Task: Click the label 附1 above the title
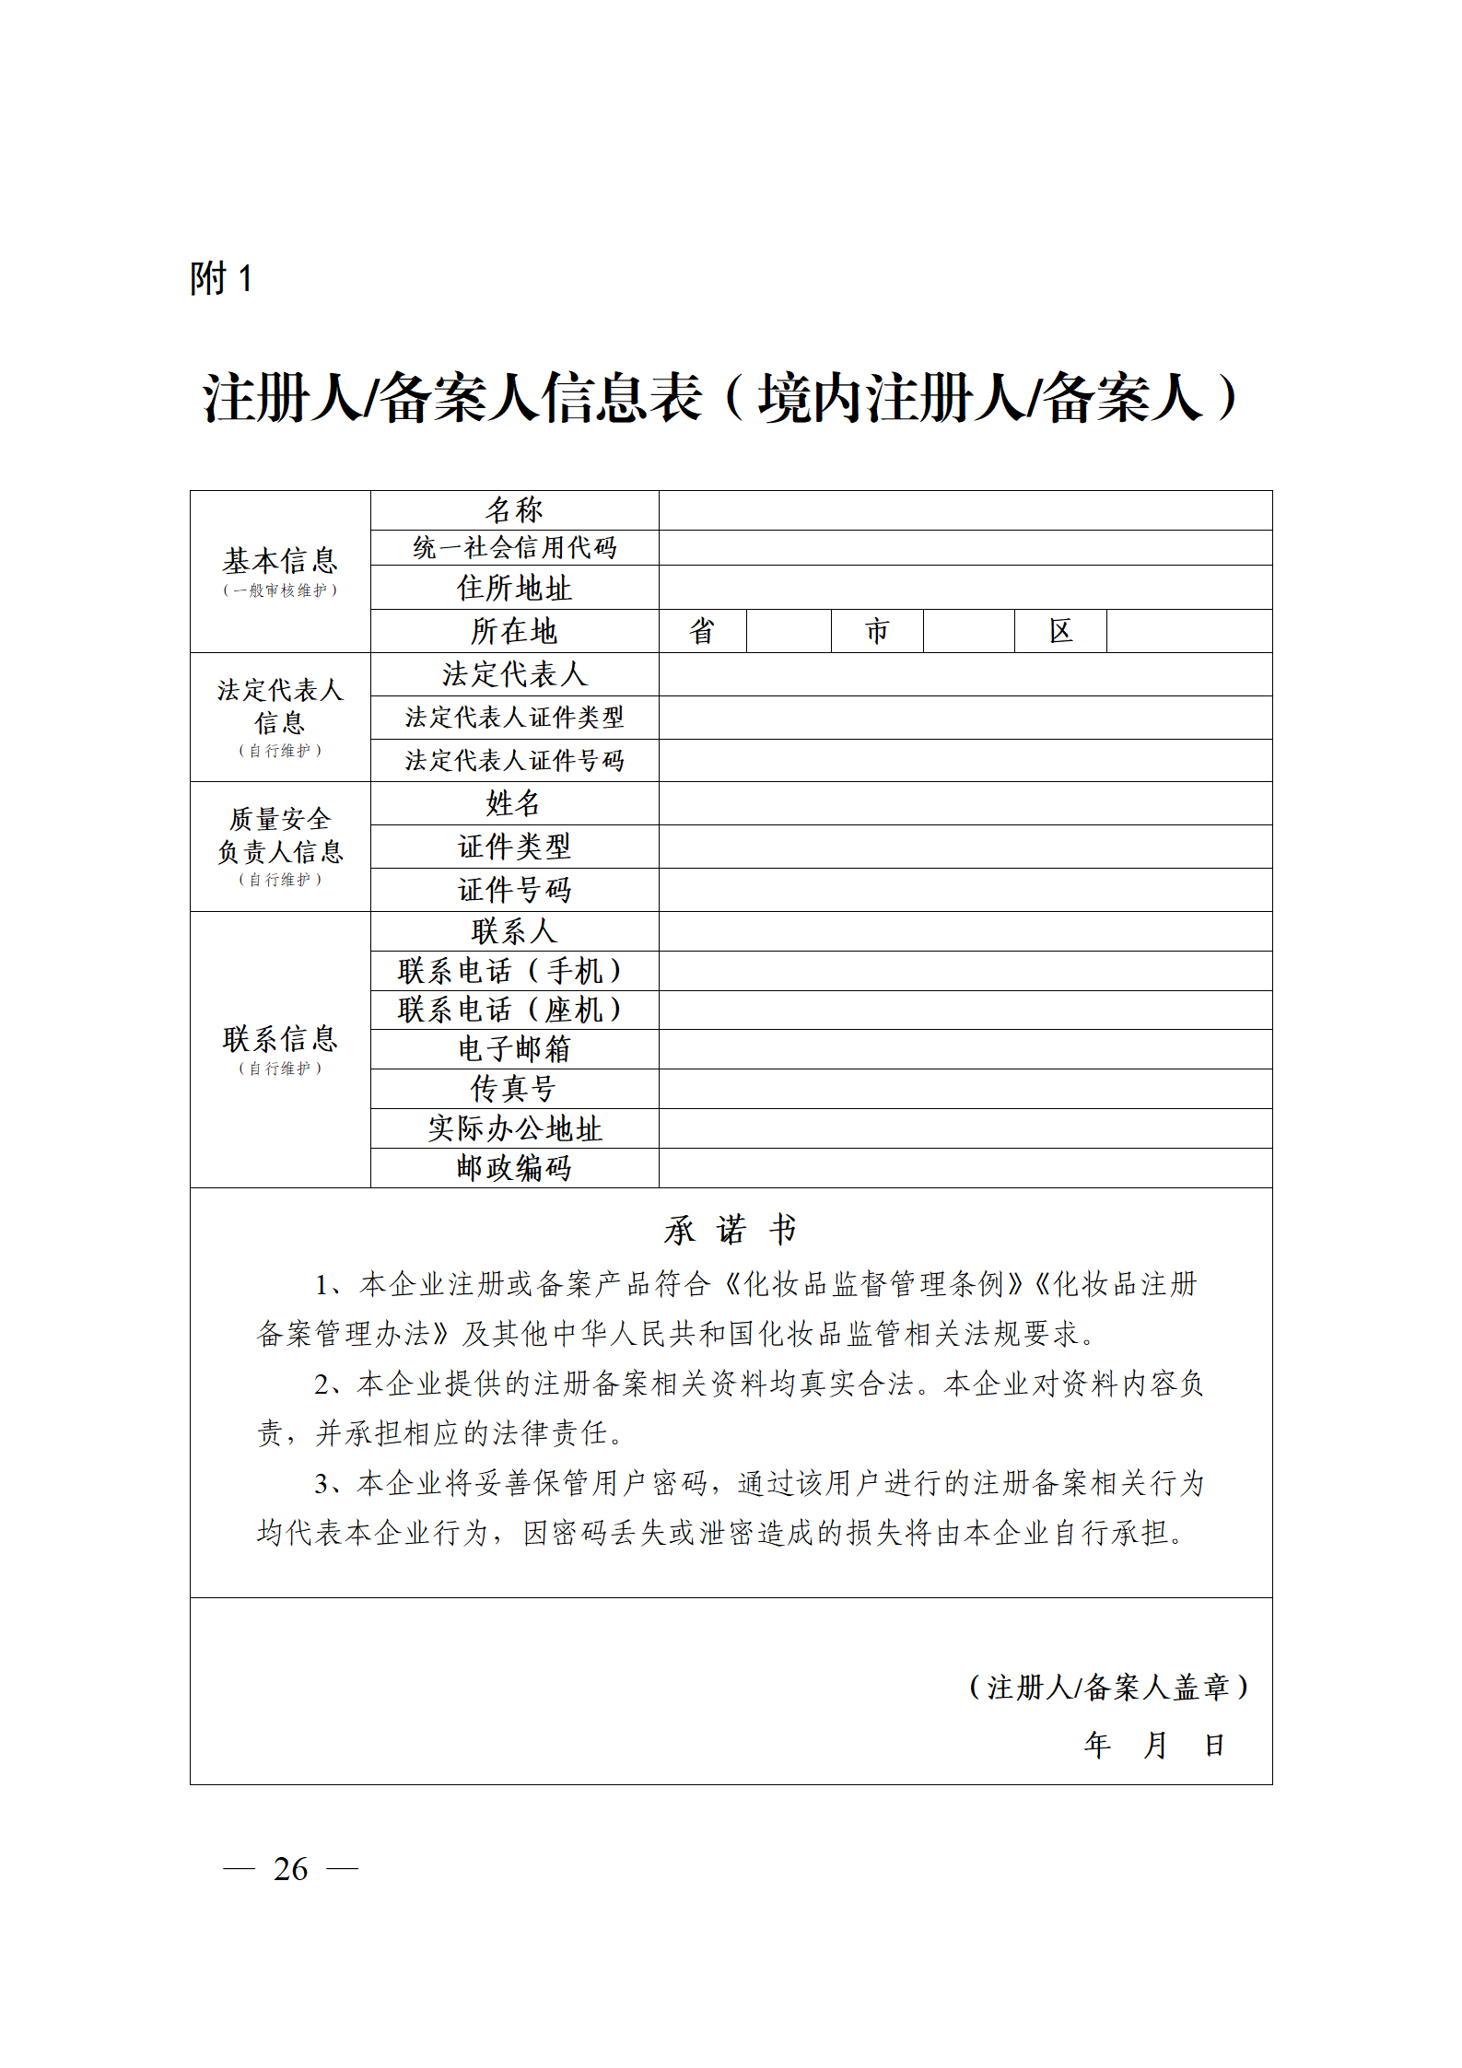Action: pos(220,278)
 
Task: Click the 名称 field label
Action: pos(514,509)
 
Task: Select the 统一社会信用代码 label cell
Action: pos(514,547)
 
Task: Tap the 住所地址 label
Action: pos(514,588)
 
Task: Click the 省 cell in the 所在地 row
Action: pos(702,631)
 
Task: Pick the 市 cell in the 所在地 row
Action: pos(877,631)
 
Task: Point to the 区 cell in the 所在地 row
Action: pos(1060,631)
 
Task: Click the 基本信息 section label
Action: pos(280,560)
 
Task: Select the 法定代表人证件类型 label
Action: pos(514,717)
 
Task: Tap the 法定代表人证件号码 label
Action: pos(514,760)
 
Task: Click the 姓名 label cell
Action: pos(514,803)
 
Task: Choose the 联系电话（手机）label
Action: pos(514,971)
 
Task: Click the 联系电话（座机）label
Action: pos(514,1010)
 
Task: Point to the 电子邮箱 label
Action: pos(514,1048)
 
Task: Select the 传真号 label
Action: pos(514,1089)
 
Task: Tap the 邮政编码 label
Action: pos(514,1168)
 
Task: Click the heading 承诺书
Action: pos(731,1230)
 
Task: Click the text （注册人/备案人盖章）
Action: pos(1109,1687)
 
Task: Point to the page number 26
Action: pos(290,1869)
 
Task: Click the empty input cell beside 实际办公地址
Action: pos(965,1128)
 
